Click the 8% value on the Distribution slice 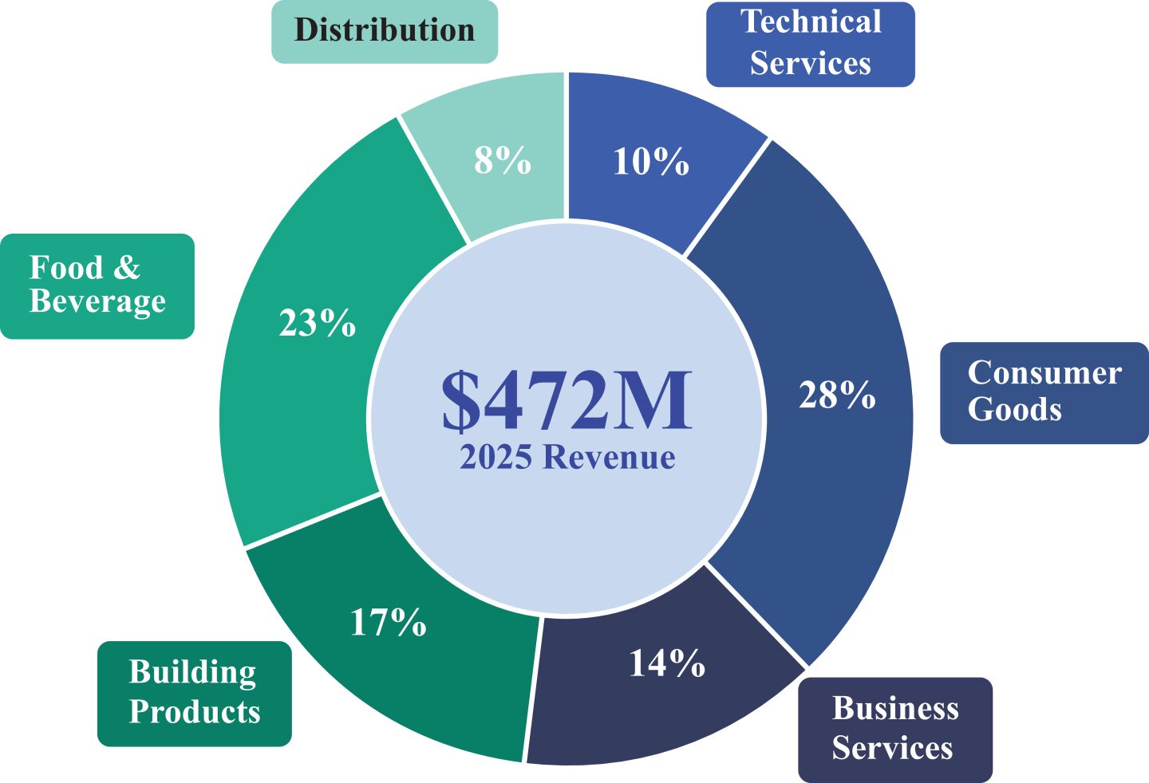click(502, 160)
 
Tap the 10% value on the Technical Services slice click(650, 162)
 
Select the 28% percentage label click(837, 395)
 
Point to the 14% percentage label click(666, 663)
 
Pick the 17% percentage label click(388, 622)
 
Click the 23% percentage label click(317, 324)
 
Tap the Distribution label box click(385, 31)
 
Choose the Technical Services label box click(810, 44)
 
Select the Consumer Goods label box click(1044, 392)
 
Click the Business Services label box click(894, 729)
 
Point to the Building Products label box click(194, 693)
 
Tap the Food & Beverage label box click(97, 285)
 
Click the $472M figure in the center click(567, 400)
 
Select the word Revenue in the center click(609, 458)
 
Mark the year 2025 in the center click(496, 458)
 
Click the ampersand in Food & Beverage click(126, 268)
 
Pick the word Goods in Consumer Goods click(1014, 410)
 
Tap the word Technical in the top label click(811, 22)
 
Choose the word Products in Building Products click(195, 711)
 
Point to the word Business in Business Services click(895, 708)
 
